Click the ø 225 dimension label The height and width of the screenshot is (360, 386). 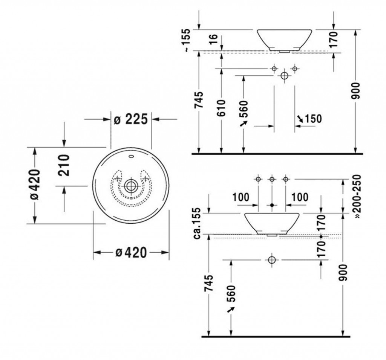click(x=131, y=119)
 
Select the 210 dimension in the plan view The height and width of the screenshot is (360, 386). click(x=64, y=165)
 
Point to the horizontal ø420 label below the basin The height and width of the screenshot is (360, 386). click(x=131, y=253)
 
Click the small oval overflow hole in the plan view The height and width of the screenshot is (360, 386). click(x=131, y=156)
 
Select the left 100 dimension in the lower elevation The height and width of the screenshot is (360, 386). click(x=241, y=197)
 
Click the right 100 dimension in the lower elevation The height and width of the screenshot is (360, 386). click(x=300, y=197)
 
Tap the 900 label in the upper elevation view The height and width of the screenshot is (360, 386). click(x=355, y=91)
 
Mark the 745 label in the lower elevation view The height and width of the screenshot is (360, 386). click(x=209, y=283)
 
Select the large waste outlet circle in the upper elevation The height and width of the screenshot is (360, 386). click(x=284, y=75)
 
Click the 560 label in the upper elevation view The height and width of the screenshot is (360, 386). click(x=244, y=109)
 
